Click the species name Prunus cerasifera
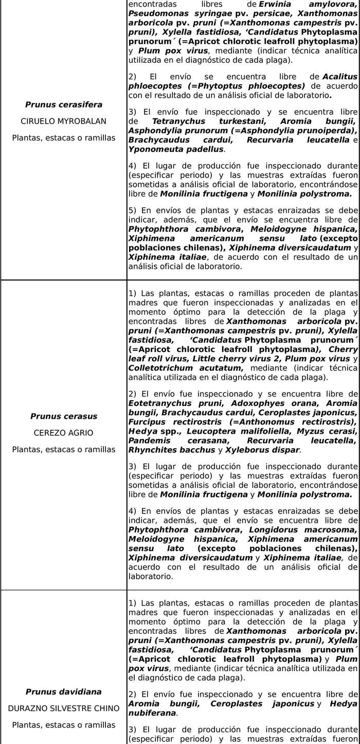click(64, 104)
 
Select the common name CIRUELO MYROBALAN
click(64, 121)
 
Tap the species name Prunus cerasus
click(64, 416)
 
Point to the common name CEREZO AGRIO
click(64, 433)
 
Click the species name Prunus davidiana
click(64, 692)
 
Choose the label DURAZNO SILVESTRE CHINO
click(64, 708)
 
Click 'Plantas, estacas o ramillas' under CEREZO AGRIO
click(64, 449)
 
